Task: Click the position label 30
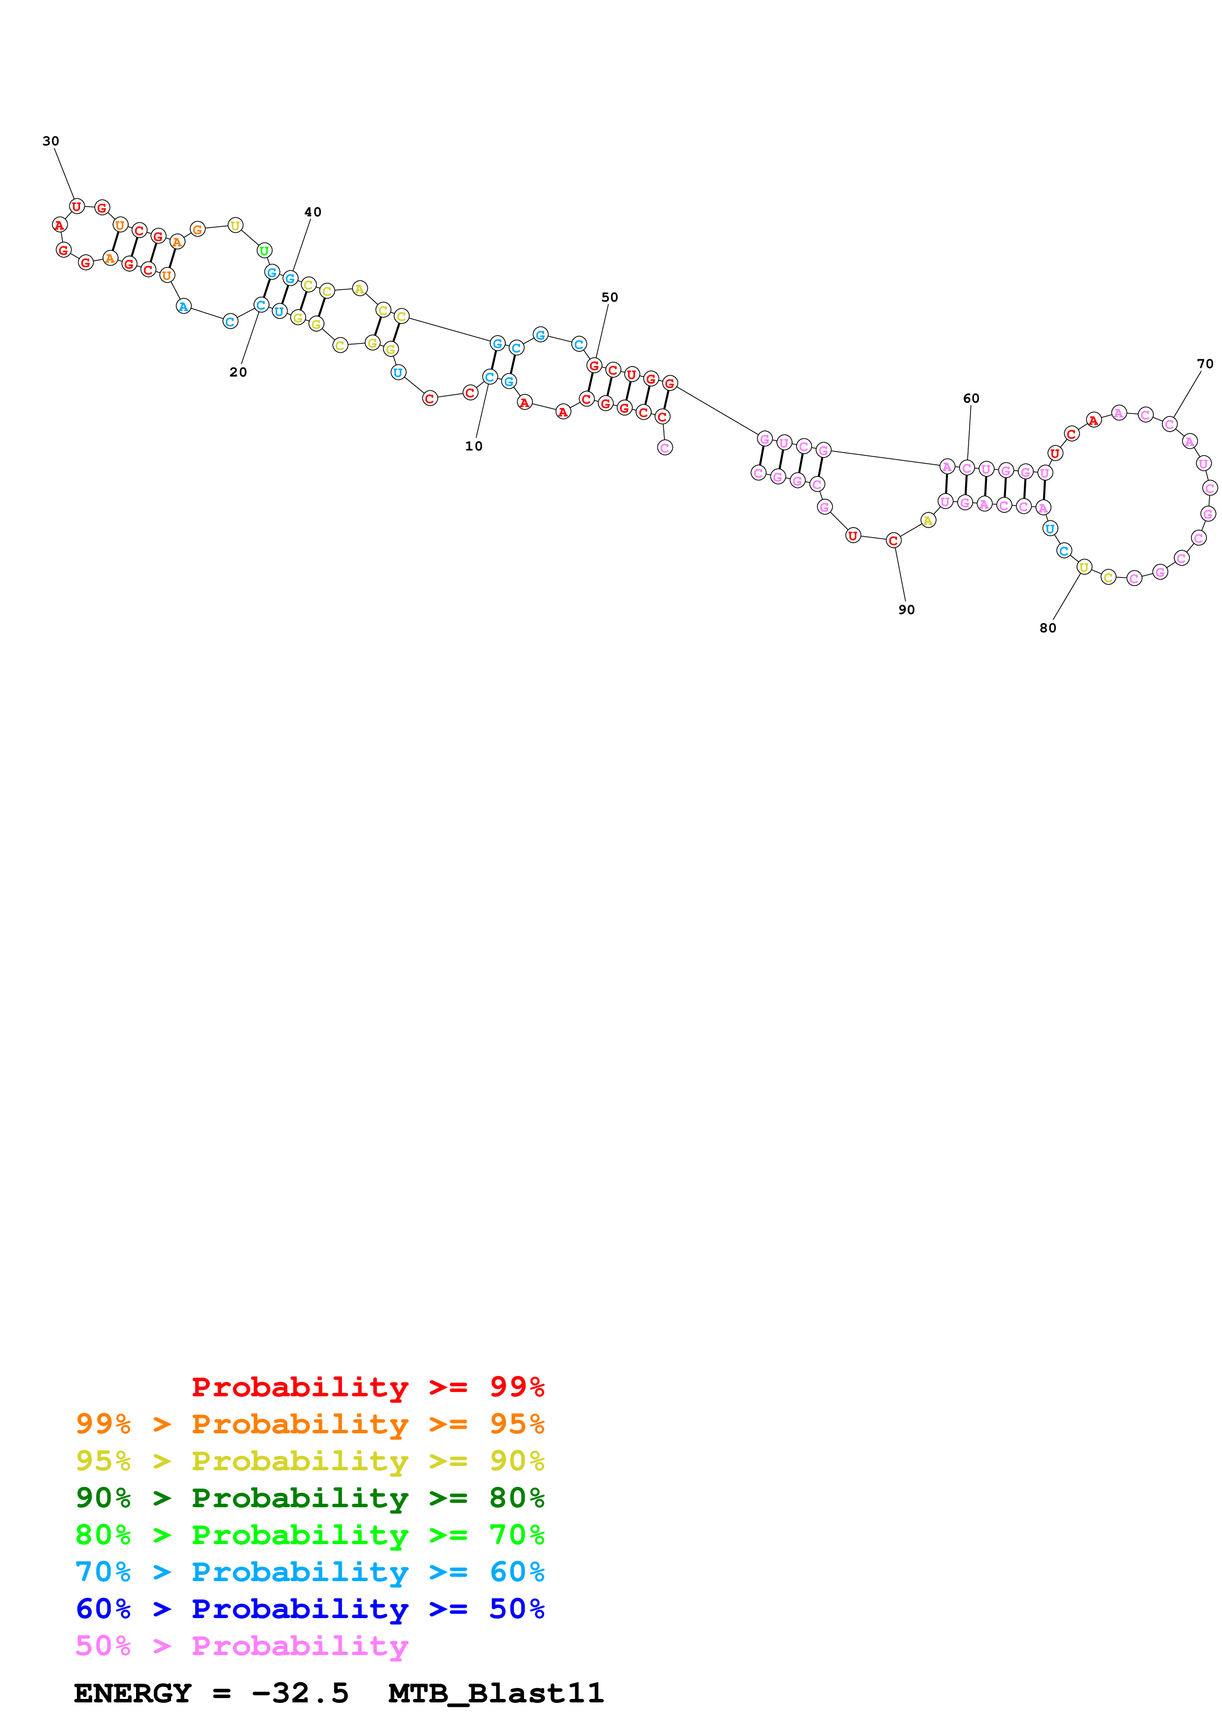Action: click(50, 141)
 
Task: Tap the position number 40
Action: click(313, 212)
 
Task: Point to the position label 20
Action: click(238, 372)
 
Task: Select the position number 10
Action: click(474, 446)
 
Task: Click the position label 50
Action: click(609, 298)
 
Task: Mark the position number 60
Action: click(971, 398)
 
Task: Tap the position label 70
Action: click(1205, 364)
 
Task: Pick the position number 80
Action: click(1047, 628)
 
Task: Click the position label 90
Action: click(907, 610)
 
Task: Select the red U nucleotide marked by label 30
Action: click(77, 207)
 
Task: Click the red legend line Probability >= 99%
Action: click(367, 1386)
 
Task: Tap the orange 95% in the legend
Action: click(517, 1424)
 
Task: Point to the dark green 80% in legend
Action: click(517, 1498)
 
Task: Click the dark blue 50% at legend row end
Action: click(517, 1609)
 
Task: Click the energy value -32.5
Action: click(300, 1693)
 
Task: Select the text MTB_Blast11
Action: click(495, 1693)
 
